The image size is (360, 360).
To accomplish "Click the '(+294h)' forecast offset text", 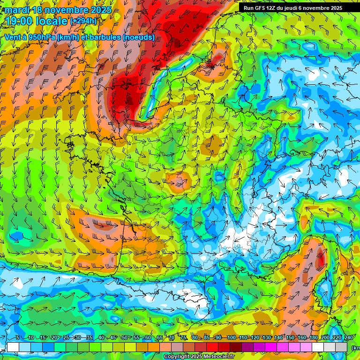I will pyautogui.click(x=83, y=21).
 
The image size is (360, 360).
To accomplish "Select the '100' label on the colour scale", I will pyautogui.click(x=232, y=337).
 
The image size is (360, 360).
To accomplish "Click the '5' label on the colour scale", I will pyautogui.click(x=17, y=337).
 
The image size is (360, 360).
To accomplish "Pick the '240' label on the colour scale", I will pyautogui.click(x=349, y=337).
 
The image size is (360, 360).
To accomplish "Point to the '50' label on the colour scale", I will pyautogui.click(x=125, y=337).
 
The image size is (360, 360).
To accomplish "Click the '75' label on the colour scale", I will pyautogui.click(x=183, y=337).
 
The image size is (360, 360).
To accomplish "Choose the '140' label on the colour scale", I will pyautogui.click(x=278, y=337).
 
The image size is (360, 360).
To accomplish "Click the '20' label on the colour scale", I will pyautogui.click(x=54, y=337).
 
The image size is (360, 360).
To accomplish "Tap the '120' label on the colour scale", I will pyautogui.click(x=255, y=337).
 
